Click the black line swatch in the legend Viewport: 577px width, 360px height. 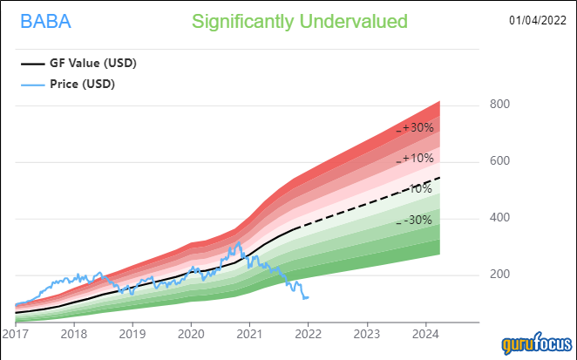click(x=31, y=64)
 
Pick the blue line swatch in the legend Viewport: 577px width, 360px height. click(x=31, y=85)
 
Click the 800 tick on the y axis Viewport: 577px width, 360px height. click(x=499, y=105)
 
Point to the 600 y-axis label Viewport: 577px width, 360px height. click(x=499, y=161)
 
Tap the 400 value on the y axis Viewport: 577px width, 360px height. click(x=499, y=218)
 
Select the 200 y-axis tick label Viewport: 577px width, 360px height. click(x=499, y=275)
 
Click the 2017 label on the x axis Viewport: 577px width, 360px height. click(x=16, y=333)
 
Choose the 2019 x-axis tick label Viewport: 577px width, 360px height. click(x=132, y=333)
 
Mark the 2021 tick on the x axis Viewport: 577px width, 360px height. click(x=250, y=333)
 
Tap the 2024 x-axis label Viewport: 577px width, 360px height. click(x=426, y=333)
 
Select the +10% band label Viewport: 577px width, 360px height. click(x=417, y=159)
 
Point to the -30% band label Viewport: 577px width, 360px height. click(x=417, y=221)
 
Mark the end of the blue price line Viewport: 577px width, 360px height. click(x=308, y=298)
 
